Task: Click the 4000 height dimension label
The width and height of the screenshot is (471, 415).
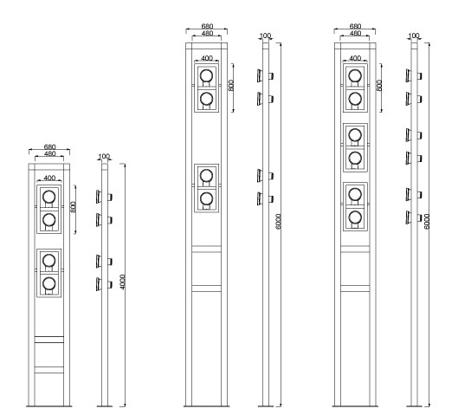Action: [x=123, y=282]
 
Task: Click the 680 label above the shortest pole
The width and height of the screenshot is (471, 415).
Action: [x=50, y=147]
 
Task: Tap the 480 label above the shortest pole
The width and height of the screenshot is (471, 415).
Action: [x=50, y=153]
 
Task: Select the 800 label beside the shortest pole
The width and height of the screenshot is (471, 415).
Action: [x=73, y=207]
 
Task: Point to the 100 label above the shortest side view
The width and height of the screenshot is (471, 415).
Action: [x=104, y=156]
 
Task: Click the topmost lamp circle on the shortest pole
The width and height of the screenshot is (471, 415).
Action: [x=49, y=198]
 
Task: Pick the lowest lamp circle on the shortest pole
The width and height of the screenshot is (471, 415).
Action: [x=49, y=283]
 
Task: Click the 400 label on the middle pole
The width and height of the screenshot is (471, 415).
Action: [x=207, y=58]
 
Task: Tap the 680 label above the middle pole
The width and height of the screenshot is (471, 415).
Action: [x=207, y=26]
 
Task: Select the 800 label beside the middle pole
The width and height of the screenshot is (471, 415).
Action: [x=231, y=86]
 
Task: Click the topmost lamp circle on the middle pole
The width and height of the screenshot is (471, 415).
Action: [x=206, y=75]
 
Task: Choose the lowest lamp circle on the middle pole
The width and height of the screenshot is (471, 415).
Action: [x=206, y=198]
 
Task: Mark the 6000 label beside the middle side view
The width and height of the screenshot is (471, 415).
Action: [x=278, y=222]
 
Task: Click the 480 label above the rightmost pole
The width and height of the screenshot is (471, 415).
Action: [x=355, y=33]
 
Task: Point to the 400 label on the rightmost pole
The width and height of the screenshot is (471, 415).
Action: [x=355, y=58]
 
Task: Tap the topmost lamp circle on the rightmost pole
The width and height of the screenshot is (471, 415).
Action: [x=355, y=75]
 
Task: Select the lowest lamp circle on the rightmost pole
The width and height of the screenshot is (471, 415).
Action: [x=355, y=217]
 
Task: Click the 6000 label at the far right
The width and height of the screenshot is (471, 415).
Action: [x=427, y=222]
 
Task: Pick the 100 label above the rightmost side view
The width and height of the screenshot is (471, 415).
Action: [x=414, y=36]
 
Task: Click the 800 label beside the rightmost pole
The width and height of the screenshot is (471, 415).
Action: [x=379, y=86]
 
